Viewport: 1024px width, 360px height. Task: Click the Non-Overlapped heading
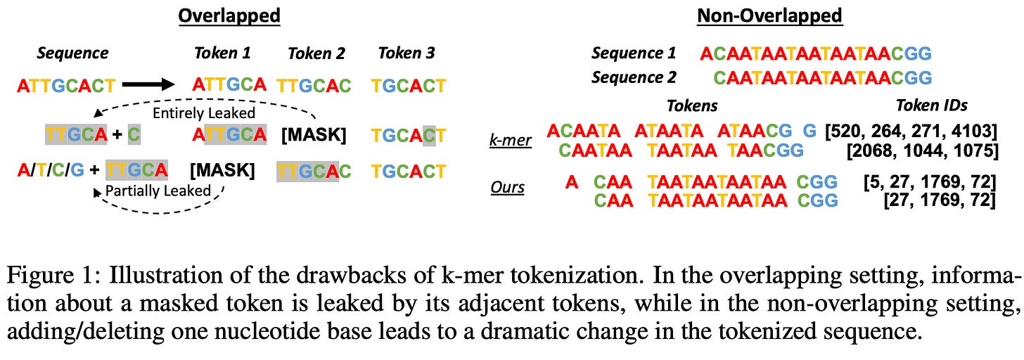(x=769, y=15)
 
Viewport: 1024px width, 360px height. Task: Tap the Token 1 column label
(x=222, y=53)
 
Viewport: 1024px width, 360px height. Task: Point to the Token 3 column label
(x=407, y=53)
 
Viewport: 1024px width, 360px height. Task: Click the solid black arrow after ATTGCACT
(x=148, y=85)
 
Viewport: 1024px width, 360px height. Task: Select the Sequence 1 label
(x=634, y=53)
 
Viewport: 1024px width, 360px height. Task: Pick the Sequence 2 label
(x=634, y=77)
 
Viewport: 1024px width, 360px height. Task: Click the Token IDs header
(x=931, y=105)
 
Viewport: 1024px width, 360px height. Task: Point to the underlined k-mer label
(x=511, y=139)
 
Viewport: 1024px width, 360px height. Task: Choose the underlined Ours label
(x=508, y=188)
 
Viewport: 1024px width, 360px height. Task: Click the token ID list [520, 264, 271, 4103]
(x=911, y=130)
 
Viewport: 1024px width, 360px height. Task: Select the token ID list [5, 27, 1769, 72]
(x=929, y=183)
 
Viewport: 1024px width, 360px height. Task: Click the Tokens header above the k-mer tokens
(x=693, y=105)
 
